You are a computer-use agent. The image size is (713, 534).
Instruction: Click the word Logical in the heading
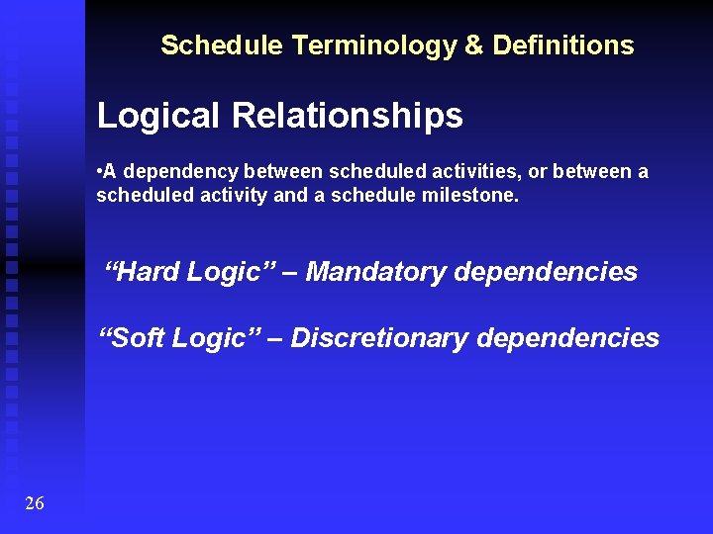pyautogui.click(x=158, y=117)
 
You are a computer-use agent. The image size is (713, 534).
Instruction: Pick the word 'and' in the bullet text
pyautogui.click(x=290, y=196)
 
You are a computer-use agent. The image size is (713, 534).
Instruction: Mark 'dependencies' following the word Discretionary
pyautogui.click(x=567, y=338)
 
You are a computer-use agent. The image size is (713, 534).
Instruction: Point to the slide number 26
pyautogui.click(x=35, y=504)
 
